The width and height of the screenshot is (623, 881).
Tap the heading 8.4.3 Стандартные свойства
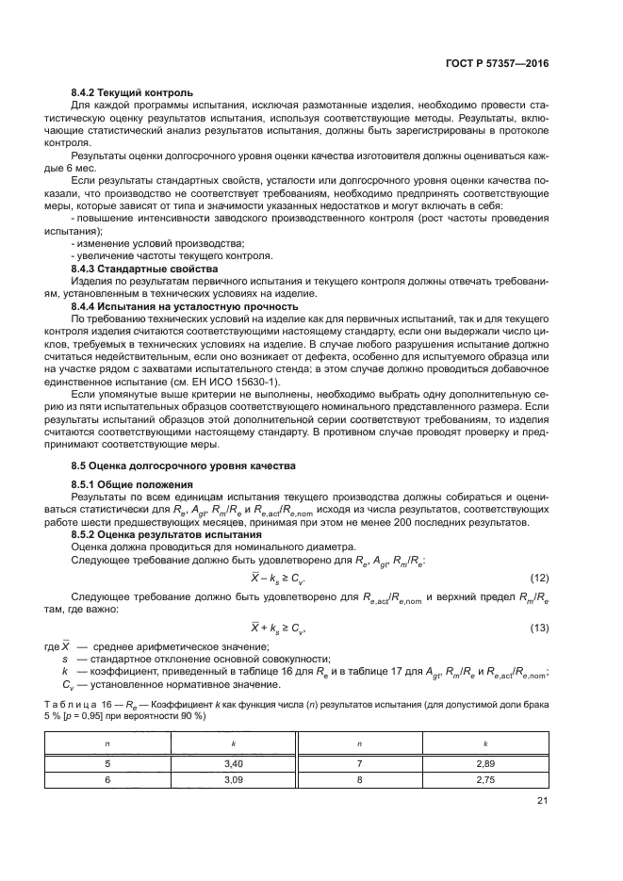click(139, 269)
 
